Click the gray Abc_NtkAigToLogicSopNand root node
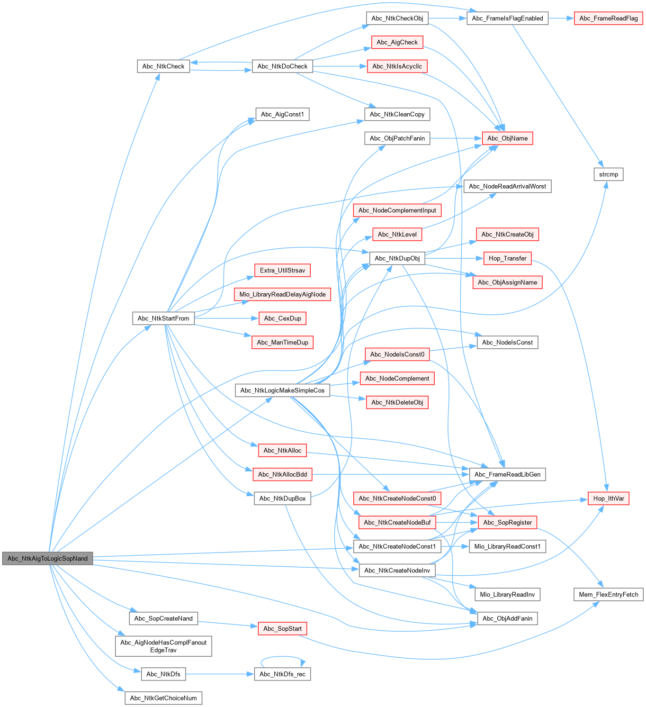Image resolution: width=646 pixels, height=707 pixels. click(47, 558)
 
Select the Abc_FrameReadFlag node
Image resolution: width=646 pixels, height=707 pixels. click(608, 18)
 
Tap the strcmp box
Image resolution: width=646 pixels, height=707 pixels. click(608, 174)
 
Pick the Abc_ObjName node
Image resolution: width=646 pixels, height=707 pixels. click(507, 138)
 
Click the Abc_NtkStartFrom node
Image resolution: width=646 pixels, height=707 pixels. click(163, 318)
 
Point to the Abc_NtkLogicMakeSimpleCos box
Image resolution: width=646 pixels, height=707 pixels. click(282, 390)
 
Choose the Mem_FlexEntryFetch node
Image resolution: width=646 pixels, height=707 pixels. click(608, 594)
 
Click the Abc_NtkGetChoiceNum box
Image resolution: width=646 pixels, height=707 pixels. click(163, 698)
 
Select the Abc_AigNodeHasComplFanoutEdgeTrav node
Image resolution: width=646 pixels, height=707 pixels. click(163, 646)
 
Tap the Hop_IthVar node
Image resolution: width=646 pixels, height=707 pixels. click(608, 499)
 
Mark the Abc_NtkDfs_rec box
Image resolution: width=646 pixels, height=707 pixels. click(282, 674)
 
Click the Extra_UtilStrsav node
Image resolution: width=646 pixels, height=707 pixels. click(282, 271)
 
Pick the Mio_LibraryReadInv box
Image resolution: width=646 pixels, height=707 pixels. click(507, 594)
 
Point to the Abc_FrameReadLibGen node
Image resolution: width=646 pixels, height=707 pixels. click(507, 474)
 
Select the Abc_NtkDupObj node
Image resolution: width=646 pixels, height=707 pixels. click(397, 258)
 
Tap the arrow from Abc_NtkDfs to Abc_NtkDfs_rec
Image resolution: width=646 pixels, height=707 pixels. click(220, 674)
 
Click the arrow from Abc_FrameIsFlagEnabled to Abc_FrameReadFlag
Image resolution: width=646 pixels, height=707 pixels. click(561, 18)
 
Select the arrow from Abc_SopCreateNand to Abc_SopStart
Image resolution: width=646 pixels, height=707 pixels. click(228, 624)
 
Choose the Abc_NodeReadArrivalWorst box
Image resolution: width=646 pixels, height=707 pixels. click(507, 186)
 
